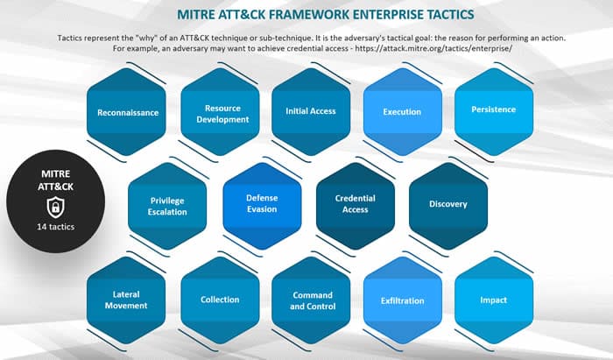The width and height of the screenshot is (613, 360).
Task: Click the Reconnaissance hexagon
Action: click(x=126, y=112)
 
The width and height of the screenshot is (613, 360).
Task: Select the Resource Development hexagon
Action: click(x=220, y=112)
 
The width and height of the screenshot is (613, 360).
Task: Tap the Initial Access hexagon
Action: click(x=311, y=112)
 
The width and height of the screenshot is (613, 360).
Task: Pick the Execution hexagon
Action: click(x=403, y=112)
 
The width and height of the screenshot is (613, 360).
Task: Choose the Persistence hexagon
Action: click(x=494, y=112)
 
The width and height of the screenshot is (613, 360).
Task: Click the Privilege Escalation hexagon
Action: click(x=167, y=206)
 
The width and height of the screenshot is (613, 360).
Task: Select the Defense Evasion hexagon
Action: click(x=263, y=206)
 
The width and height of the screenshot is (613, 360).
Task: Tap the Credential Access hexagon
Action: click(x=356, y=206)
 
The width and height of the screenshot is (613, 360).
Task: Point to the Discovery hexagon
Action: click(x=448, y=206)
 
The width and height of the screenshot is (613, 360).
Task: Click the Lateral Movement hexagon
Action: click(x=126, y=300)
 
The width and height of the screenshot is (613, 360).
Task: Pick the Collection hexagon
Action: click(x=220, y=300)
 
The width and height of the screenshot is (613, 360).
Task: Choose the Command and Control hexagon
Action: click(x=311, y=300)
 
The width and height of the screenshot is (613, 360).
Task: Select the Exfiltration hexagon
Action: click(x=403, y=300)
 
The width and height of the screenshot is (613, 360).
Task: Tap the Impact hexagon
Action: click(x=494, y=300)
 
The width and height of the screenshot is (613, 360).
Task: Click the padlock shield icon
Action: click(x=56, y=208)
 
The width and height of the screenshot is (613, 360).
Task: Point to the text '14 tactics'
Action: click(x=56, y=227)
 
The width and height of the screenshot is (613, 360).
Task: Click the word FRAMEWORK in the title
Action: click(x=308, y=15)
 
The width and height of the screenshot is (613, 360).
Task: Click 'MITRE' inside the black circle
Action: click(x=56, y=173)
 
